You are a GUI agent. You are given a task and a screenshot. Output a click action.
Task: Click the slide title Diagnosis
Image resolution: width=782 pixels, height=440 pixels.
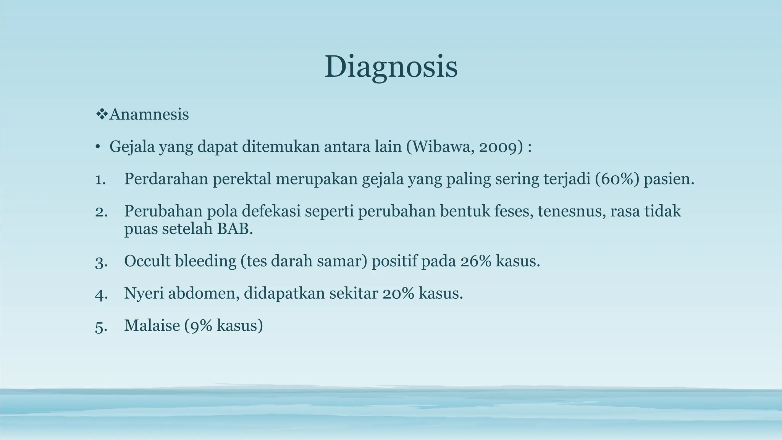coord(391,67)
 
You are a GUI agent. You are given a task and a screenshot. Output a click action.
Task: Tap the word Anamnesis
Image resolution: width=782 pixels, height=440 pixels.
coord(149,114)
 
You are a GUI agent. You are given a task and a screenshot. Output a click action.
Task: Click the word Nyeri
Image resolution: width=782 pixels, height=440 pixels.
coord(144,293)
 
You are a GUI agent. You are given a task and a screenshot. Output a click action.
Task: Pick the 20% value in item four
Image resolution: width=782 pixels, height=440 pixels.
coord(396,293)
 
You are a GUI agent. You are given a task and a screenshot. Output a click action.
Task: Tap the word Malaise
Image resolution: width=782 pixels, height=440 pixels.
coord(152,325)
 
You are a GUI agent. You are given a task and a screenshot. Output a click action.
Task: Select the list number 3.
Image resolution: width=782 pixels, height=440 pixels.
coord(100,262)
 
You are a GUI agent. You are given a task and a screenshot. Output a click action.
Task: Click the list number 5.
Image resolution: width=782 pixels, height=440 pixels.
coord(100,326)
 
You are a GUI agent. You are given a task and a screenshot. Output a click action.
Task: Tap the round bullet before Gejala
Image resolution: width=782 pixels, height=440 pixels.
coord(98,147)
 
